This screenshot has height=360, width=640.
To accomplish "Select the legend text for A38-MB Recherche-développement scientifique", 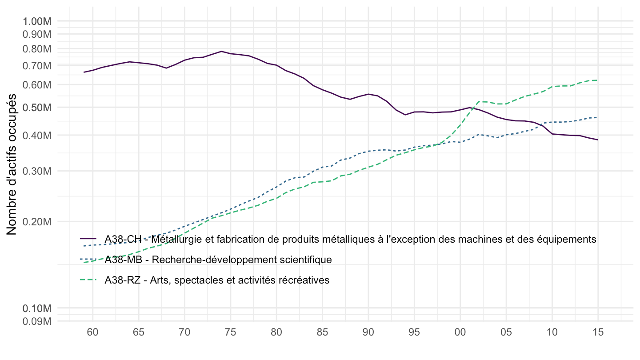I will pos(218,260).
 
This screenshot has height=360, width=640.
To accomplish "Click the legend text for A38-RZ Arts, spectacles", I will pos(217,280).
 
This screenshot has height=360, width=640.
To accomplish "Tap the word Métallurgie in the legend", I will pos(174,239).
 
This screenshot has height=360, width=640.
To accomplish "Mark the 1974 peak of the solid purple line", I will pos(221,51).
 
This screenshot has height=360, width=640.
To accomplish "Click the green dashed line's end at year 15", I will pos(598,80).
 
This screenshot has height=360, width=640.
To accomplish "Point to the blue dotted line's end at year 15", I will pos(598,117).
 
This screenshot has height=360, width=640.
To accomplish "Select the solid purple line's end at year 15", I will pos(598,140).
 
